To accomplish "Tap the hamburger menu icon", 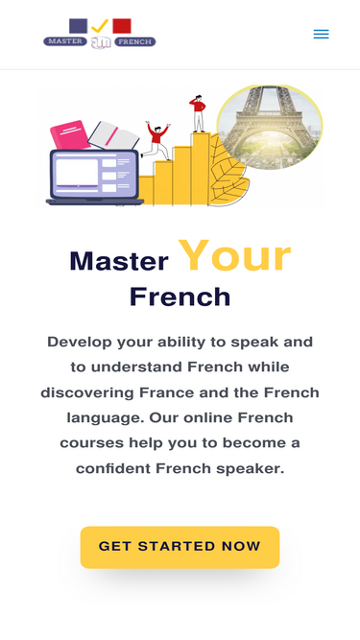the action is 321,35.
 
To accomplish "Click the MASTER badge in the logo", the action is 65,41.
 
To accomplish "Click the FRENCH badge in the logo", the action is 135,41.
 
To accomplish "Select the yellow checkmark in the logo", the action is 100,26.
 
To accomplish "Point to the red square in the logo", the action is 122,26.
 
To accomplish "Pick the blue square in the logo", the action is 78,26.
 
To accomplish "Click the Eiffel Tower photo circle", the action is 270,127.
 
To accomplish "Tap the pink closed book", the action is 70,135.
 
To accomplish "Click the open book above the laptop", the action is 114,135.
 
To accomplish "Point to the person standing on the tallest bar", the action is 198,113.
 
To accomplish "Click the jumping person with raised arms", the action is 156,140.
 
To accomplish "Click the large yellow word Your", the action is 234,256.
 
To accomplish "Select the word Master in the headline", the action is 119,261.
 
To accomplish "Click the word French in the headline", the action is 180,296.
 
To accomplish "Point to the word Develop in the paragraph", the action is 79,342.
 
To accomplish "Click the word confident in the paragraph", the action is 113,468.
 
